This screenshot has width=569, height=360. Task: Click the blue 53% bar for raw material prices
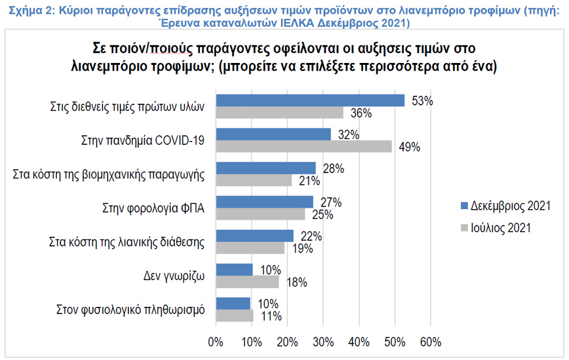pos(310,100)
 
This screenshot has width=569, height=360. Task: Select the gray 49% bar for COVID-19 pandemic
pos(304,146)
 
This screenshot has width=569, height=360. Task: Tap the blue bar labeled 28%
pos(265,168)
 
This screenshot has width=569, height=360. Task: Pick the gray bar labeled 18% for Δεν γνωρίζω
pos(247,282)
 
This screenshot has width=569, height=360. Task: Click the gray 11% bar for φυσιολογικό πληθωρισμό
pos(235,315)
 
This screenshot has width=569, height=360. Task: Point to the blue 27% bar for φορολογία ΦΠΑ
pos(264,202)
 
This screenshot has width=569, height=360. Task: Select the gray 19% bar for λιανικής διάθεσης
pos(250,248)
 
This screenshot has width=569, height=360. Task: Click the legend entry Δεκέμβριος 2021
pos(509,206)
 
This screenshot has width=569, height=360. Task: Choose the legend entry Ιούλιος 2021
pos(500,228)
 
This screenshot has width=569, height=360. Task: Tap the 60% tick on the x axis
pos(430,342)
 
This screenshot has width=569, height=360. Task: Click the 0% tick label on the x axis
pos(215,342)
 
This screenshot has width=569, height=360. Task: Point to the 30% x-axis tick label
pos(323,342)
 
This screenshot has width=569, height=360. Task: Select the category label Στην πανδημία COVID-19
pos(151,140)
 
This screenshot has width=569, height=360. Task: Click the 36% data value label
pos(360,113)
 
